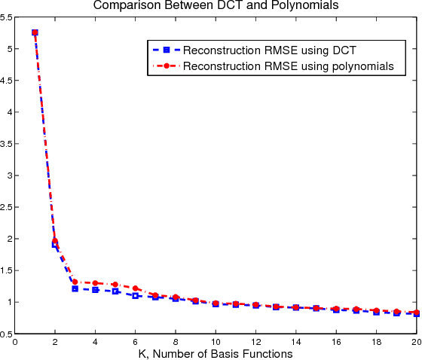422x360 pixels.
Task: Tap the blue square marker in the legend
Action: click(x=165, y=50)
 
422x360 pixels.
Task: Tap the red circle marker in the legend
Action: click(x=165, y=66)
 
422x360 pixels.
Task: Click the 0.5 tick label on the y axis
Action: click(x=7, y=334)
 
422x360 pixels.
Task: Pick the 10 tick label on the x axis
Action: click(x=216, y=342)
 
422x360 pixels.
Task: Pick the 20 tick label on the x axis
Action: click(x=415, y=342)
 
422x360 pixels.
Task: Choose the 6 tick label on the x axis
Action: click(x=136, y=342)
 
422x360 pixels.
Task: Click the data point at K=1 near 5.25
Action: click(x=35, y=32)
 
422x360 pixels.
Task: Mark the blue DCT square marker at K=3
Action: click(x=75, y=288)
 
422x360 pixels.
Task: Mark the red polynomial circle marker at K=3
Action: click(x=75, y=282)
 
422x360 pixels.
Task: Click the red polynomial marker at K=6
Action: click(x=136, y=288)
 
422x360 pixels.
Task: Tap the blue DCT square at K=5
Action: click(x=115, y=291)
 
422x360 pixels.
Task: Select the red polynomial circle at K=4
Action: click(x=95, y=283)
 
